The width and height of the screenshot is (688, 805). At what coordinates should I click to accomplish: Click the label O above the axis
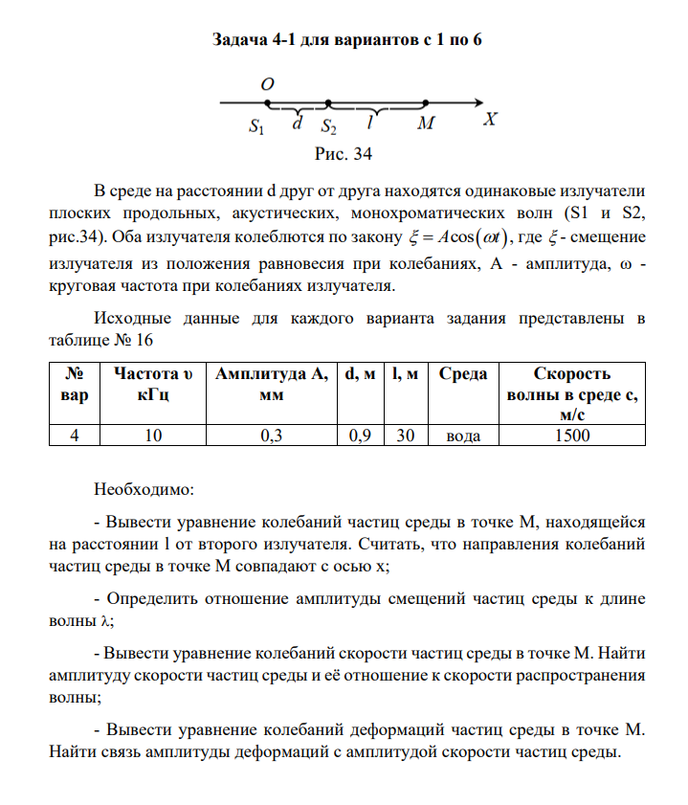pyautogui.click(x=267, y=84)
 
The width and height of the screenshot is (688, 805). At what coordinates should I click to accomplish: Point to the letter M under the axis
pyautogui.click(x=425, y=124)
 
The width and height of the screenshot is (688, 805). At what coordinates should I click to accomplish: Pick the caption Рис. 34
pyautogui.click(x=343, y=154)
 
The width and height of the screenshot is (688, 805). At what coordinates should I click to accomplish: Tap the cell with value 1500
pyautogui.click(x=572, y=435)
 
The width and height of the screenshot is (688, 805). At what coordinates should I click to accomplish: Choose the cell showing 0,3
pyautogui.click(x=273, y=435)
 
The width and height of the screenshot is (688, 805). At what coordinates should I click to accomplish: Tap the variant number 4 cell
pyautogui.click(x=74, y=435)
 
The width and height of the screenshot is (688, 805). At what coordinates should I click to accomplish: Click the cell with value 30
pyautogui.click(x=405, y=435)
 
